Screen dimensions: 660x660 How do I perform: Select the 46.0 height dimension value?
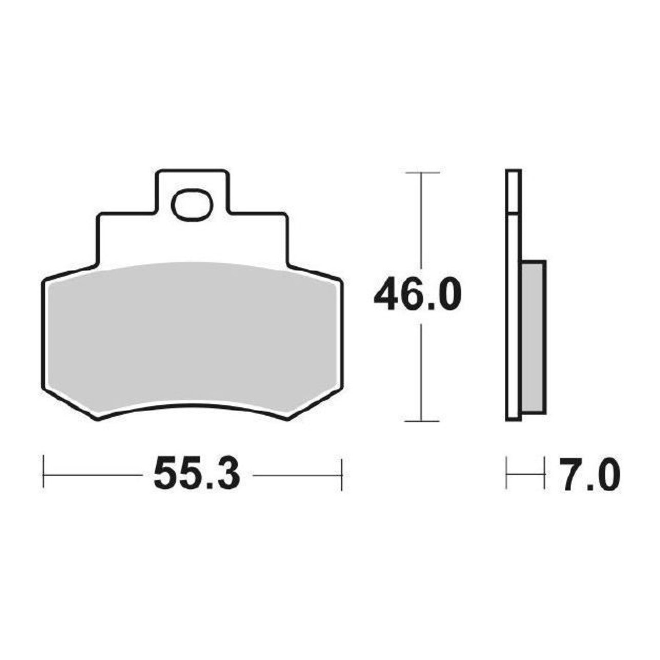417,293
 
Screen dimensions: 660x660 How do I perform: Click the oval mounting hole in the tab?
192,207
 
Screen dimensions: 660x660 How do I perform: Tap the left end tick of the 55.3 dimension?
44,475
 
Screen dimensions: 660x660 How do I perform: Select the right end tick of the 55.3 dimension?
342,475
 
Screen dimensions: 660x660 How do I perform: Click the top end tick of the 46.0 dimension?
422,173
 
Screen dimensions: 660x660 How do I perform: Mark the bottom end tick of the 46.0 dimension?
422,421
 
